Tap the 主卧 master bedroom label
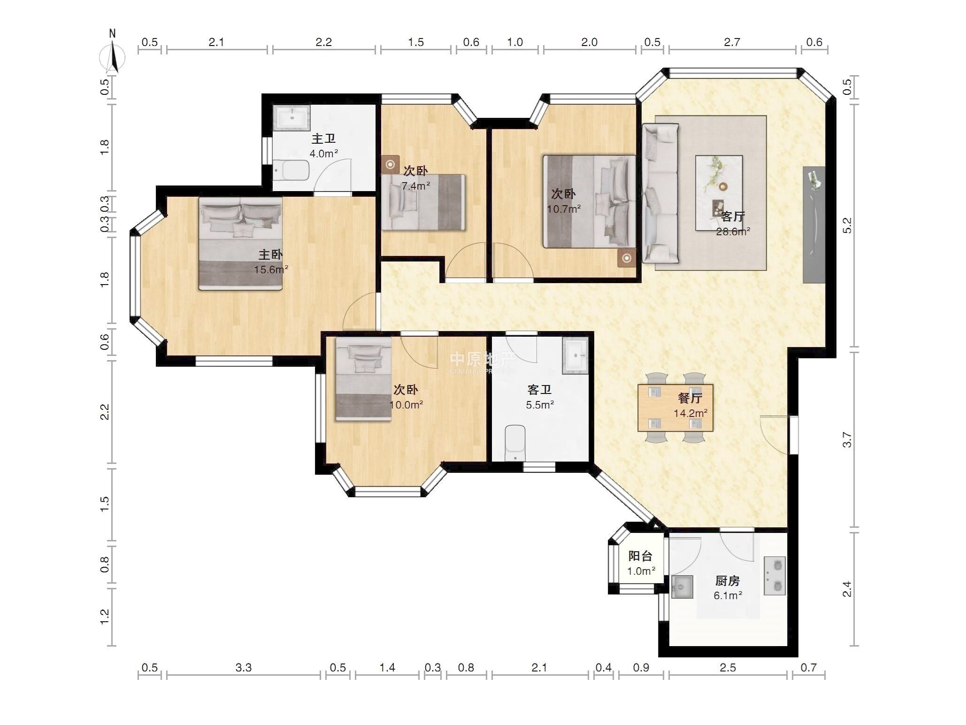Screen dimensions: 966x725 270,255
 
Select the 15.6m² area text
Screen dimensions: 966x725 271,270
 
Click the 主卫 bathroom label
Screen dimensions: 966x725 323,139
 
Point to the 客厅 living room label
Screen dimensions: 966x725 733,216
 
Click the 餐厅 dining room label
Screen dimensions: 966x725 690,398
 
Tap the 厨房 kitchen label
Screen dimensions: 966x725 728,581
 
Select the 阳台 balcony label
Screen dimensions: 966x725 641,556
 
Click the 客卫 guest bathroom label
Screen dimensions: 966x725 539,390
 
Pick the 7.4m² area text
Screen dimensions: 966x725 416,186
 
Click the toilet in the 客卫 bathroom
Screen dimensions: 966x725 515,443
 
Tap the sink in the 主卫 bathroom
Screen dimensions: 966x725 292,117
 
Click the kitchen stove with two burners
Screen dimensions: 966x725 774,576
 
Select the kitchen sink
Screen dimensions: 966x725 682,586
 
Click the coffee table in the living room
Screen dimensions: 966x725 719,193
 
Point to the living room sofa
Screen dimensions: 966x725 660,193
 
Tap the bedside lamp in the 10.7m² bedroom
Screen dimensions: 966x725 627,258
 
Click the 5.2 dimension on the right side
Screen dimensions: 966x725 847,226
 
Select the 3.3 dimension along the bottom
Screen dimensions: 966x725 244,667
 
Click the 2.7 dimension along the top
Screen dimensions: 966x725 732,42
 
